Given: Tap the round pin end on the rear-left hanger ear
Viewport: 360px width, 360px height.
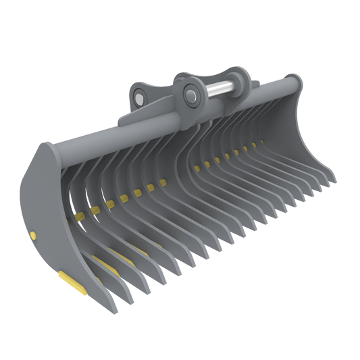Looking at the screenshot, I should point(138,98).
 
